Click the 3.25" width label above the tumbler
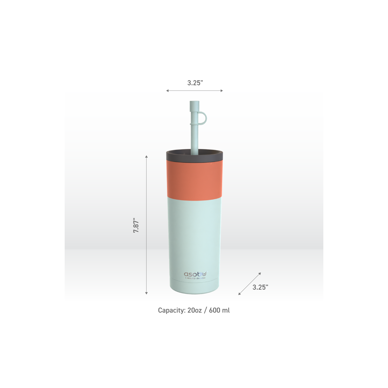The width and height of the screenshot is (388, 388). [195, 83]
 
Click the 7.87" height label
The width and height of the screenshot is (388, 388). [136, 225]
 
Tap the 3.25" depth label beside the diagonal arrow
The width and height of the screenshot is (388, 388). [260, 287]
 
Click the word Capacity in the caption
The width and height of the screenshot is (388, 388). [171, 310]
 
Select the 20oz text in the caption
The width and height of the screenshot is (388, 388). [195, 310]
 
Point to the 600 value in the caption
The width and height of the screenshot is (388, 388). [214, 310]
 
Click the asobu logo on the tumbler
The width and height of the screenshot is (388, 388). [196, 274]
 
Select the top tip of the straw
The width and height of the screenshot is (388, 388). [194, 102]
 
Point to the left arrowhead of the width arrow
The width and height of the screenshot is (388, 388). [167, 91]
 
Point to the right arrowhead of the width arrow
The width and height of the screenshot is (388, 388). [222, 91]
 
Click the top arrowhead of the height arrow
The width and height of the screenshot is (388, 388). [146, 156]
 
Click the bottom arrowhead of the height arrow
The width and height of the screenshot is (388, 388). [146, 293]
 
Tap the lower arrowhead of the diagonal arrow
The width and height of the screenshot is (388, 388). [239, 294]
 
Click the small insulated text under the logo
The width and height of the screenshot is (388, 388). [195, 278]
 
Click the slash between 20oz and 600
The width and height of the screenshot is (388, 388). [205, 310]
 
